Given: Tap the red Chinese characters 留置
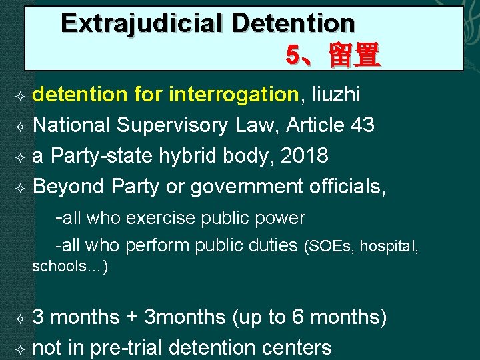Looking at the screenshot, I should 354,55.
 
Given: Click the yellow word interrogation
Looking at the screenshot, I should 233,95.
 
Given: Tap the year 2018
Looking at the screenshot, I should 303,156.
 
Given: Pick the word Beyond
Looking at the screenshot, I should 68,187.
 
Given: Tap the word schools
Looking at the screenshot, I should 62,267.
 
